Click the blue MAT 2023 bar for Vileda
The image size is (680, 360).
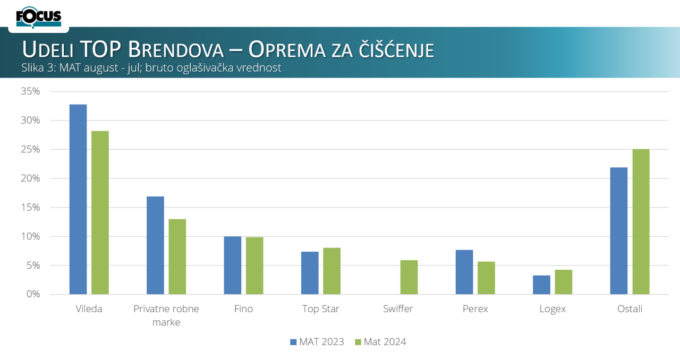(78, 199)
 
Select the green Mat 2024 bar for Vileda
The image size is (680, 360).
(100, 212)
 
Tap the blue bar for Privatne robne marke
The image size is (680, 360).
(155, 245)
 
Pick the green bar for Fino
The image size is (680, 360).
(254, 265)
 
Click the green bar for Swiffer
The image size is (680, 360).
(409, 277)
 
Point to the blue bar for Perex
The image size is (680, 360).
(464, 272)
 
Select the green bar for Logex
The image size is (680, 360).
(564, 282)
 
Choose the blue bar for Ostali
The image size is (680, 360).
(619, 231)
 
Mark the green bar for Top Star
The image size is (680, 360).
(331, 271)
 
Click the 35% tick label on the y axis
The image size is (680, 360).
(30, 91)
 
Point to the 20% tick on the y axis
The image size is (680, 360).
(30, 178)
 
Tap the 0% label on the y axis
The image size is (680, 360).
(33, 294)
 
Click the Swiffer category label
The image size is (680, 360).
(398, 309)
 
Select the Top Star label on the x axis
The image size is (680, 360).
(320, 309)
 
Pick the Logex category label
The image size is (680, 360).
(552, 309)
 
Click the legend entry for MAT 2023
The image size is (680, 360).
(317, 342)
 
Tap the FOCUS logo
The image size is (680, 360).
(39, 18)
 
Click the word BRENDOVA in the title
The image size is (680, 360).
(176, 50)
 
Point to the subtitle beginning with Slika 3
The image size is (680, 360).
(151, 68)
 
